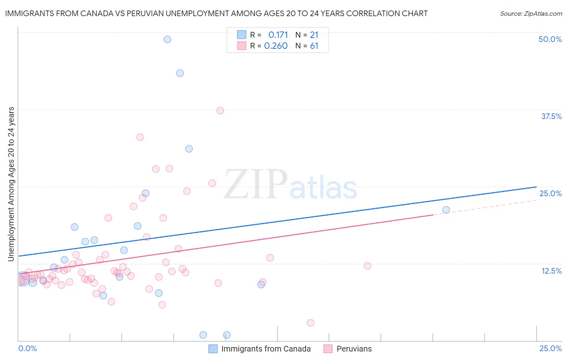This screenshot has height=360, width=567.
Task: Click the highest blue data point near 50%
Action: (167, 39)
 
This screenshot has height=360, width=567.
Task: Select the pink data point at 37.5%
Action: (220, 111)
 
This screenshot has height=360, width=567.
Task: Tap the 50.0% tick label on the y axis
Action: (550, 39)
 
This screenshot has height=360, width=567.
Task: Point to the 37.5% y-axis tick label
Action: (551, 116)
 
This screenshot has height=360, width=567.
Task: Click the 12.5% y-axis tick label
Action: (551, 271)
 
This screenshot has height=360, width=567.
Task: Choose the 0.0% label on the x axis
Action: (27, 348)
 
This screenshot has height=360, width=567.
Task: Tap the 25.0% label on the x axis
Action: (550, 348)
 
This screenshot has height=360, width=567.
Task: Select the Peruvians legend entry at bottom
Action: (354, 349)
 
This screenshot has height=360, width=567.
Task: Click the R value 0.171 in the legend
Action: (278, 35)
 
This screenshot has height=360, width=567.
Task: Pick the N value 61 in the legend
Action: (314, 46)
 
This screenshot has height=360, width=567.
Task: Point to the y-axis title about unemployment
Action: (11, 184)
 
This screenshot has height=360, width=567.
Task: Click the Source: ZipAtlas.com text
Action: (531, 13)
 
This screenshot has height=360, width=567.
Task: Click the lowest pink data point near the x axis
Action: (311, 323)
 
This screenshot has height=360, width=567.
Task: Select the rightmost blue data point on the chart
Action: (446, 210)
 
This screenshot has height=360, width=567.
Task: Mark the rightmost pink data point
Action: (367, 266)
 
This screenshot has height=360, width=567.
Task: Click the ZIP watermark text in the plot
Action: (256, 185)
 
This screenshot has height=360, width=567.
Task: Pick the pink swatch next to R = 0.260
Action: (242, 46)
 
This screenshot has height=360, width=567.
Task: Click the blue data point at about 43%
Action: (180, 73)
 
